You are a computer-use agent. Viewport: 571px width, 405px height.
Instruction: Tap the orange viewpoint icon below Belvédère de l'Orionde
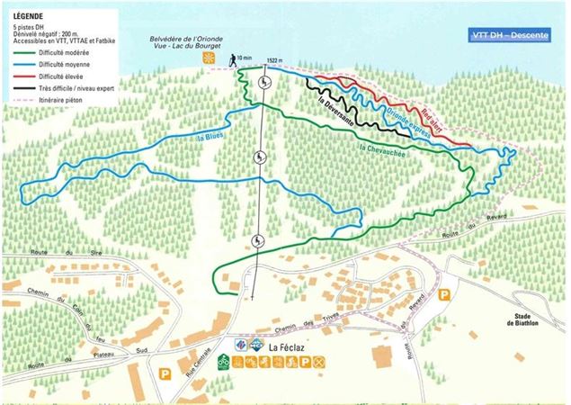(x=209, y=58)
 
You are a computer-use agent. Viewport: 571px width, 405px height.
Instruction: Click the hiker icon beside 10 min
(x=235, y=58)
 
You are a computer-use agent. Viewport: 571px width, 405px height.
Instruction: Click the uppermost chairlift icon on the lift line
(x=263, y=83)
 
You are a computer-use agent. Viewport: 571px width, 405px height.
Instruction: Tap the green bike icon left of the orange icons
(x=223, y=362)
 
